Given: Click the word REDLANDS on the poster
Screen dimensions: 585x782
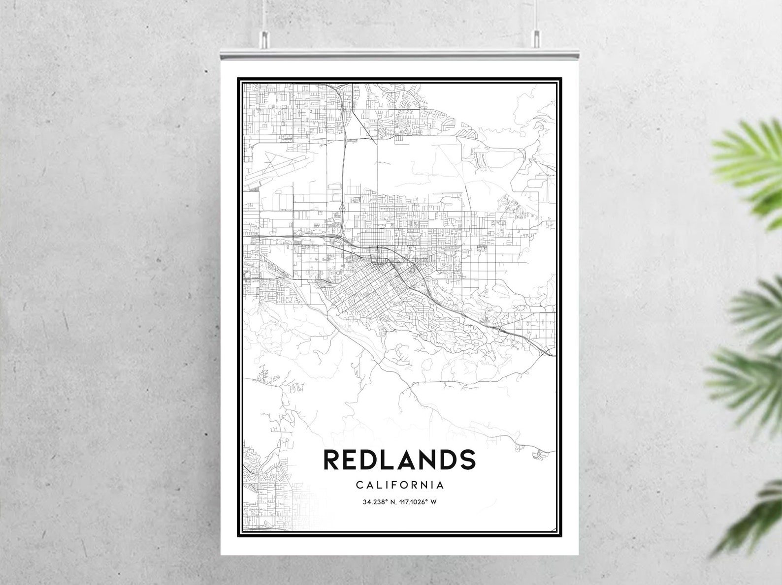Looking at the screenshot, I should pos(399,460).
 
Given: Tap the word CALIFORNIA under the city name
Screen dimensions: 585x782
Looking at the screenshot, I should pos(400,485).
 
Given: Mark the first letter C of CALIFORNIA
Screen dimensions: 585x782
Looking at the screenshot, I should pos(359,485).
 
